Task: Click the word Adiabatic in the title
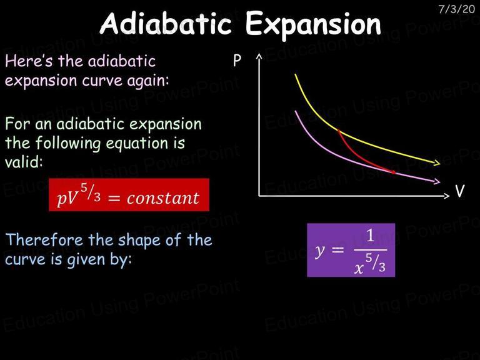click(166, 24)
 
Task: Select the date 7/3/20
click(456, 9)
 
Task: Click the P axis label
click(237, 60)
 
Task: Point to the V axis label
click(459, 191)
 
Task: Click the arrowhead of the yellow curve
click(436, 162)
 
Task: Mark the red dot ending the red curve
click(394, 172)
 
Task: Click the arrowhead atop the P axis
click(259, 56)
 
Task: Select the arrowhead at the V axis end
click(447, 195)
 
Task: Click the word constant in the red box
click(163, 198)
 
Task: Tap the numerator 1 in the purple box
click(371, 236)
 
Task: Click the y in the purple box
click(320, 251)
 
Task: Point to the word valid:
click(24, 161)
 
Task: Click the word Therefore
click(44, 240)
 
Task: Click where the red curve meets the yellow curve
click(339, 131)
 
